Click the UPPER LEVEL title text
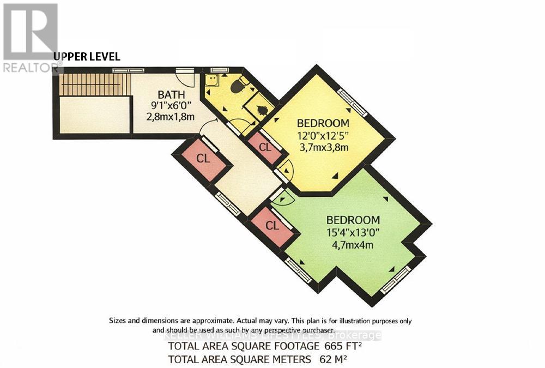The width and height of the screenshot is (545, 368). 87,57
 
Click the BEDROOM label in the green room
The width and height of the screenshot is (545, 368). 353,220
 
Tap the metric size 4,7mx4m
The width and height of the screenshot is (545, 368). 353,245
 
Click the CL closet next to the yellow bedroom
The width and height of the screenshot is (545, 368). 264,147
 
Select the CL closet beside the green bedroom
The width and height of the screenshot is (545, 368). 272,225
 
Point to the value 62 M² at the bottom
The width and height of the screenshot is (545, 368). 332,359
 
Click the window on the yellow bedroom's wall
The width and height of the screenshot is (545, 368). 352,102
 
